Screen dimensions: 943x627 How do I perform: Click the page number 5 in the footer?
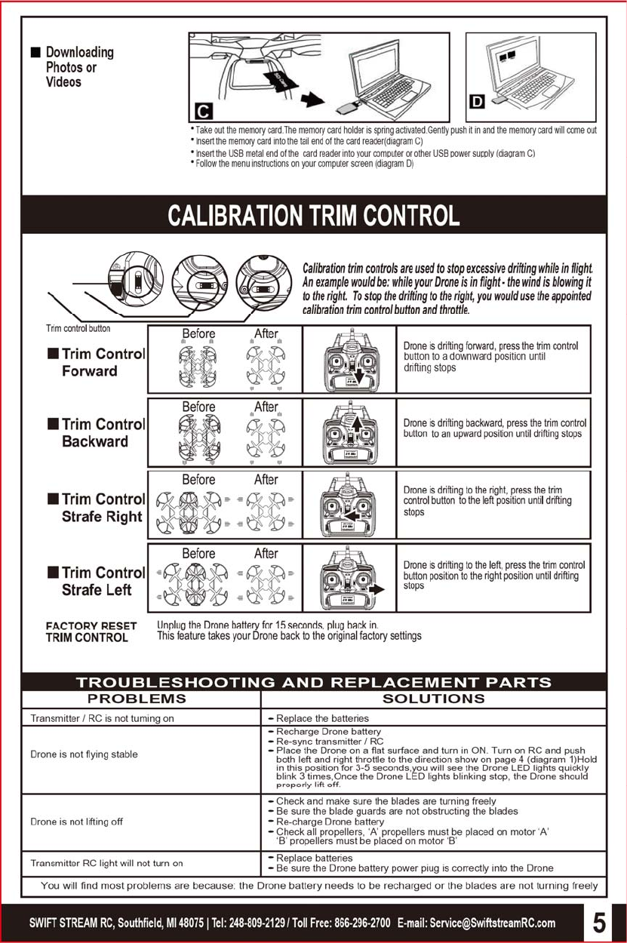598,922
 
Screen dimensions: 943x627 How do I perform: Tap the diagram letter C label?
201,111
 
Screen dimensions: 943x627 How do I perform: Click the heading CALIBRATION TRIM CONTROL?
313,215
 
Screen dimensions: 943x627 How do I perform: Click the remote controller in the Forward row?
349,360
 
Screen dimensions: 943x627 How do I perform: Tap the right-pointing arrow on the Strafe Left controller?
383,589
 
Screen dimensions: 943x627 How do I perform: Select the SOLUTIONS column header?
433,699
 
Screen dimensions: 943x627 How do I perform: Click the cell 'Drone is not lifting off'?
75,822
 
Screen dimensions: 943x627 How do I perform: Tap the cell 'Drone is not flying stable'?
84,754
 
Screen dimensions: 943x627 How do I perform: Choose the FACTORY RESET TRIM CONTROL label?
91,631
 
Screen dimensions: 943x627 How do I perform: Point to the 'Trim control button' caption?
78,328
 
